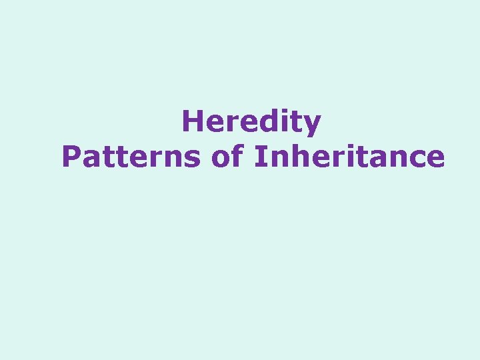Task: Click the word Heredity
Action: (x=251, y=123)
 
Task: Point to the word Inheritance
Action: (x=349, y=157)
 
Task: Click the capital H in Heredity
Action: (x=191, y=122)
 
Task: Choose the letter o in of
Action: (x=223, y=159)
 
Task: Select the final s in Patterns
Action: (x=193, y=159)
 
